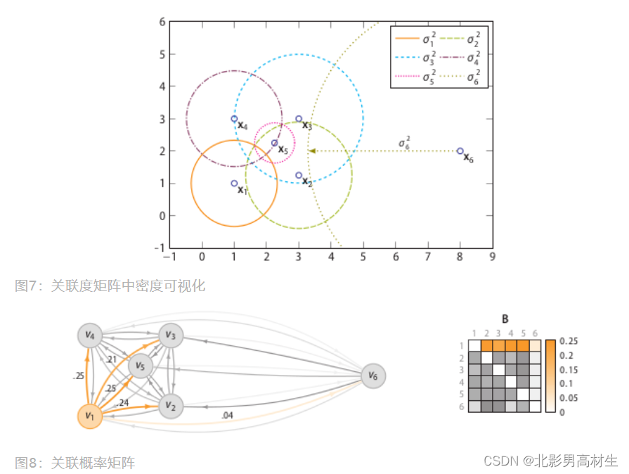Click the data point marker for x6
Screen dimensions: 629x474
pyautogui.click(x=460, y=151)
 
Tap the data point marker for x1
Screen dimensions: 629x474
pyautogui.click(x=234, y=184)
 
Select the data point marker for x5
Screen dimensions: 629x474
pyautogui.click(x=275, y=143)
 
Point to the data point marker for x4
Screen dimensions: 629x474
pyautogui.click(x=234, y=119)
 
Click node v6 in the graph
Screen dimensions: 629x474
pyautogui.click(x=373, y=376)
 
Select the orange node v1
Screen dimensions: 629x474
pyautogui.click(x=90, y=416)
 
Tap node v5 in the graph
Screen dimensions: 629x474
pyautogui.click(x=141, y=366)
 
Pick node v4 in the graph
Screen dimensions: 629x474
pyautogui.click(x=90, y=335)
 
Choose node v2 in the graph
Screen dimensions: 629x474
pyautogui.click(x=171, y=405)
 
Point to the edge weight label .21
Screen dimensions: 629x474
pyautogui.click(x=112, y=360)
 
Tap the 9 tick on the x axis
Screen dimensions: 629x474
pyautogui.click(x=493, y=258)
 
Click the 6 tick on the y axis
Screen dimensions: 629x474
pyautogui.click(x=162, y=22)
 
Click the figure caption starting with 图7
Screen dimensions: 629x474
pyautogui.click(x=110, y=286)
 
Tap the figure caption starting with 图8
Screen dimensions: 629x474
pyautogui.click(x=75, y=462)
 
